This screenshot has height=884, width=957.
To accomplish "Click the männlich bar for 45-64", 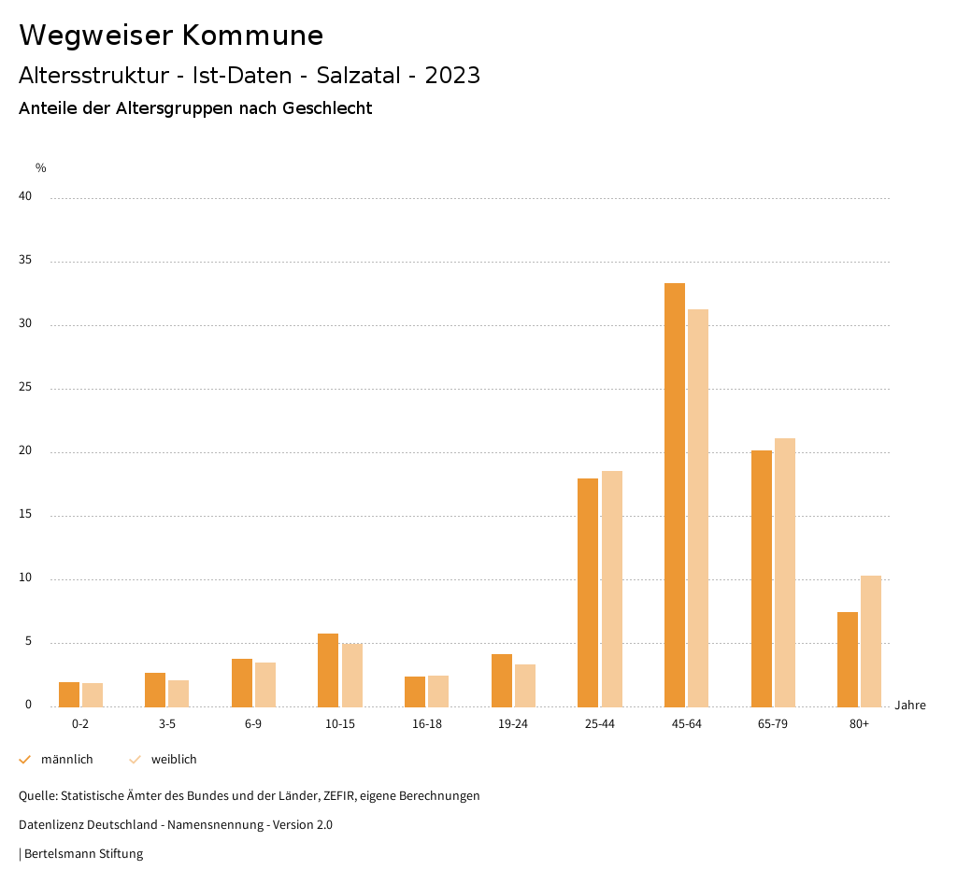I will click(x=675, y=494).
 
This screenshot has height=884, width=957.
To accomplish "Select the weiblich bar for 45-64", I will click(x=698, y=507).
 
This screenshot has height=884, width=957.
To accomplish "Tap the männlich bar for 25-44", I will click(x=588, y=592).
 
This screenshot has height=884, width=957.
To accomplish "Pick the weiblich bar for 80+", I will click(x=871, y=641).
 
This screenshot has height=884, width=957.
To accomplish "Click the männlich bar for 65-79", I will click(x=762, y=578).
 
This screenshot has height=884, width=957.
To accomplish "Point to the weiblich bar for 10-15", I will click(x=351, y=675).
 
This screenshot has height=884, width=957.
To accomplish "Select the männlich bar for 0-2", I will click(x=69, y=694).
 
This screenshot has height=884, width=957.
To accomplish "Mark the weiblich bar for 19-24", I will click(x=525, y=685).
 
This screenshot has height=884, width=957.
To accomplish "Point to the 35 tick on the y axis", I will click(x=25, y=261).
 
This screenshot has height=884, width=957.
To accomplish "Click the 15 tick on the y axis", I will click(x=25, y=515).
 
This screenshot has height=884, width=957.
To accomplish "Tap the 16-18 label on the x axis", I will click(x=427, y=724).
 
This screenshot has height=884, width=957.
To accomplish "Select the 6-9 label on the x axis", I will click(x=253, y=724).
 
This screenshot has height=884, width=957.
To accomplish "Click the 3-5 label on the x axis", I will click(x=167, y=724).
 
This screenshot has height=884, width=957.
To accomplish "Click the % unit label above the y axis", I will click(x=41, y=168).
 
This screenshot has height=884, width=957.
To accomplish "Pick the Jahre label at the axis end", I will click(x=910, y=706).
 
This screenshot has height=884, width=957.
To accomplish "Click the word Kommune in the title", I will click(x=252, y=36).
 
